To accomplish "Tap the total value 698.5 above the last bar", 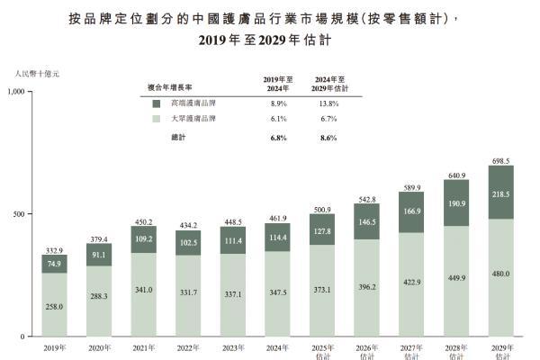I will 501,159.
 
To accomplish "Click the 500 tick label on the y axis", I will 22,214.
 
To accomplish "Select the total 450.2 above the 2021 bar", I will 144,220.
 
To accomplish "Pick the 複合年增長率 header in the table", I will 172,88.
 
